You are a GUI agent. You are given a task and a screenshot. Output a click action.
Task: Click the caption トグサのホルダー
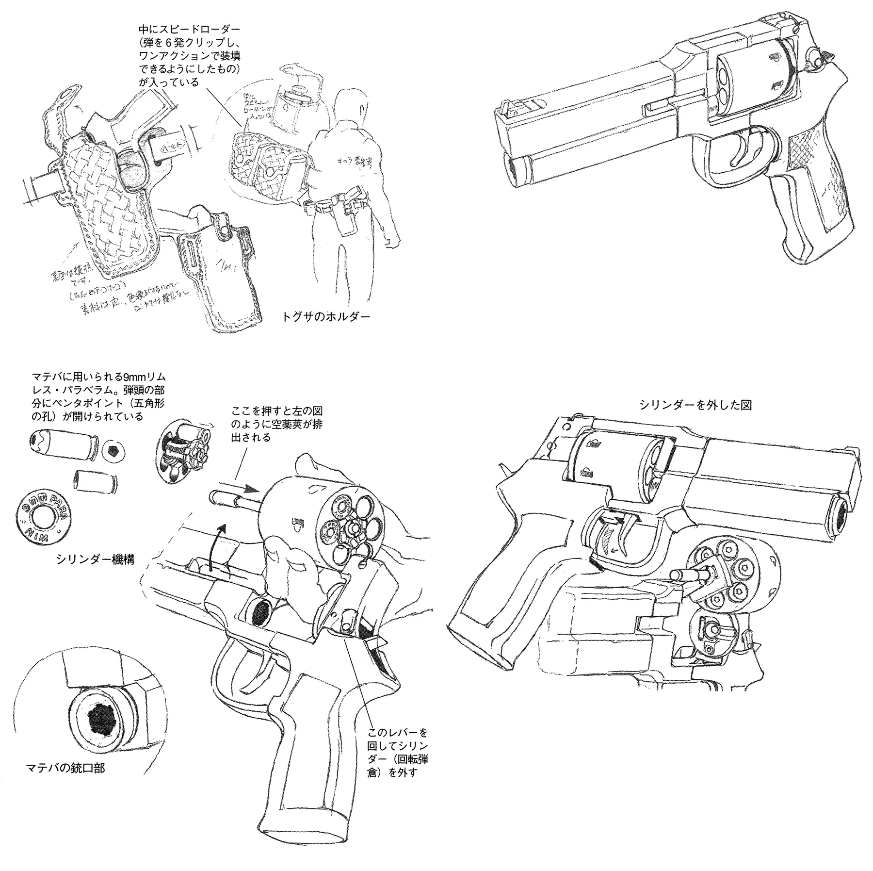point(326,317)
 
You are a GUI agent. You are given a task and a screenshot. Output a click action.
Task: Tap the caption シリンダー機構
point(95,559)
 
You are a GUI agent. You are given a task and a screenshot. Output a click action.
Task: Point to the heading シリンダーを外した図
point(695,405)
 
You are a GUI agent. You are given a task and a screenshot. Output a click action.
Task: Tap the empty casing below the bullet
point(95,481)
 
